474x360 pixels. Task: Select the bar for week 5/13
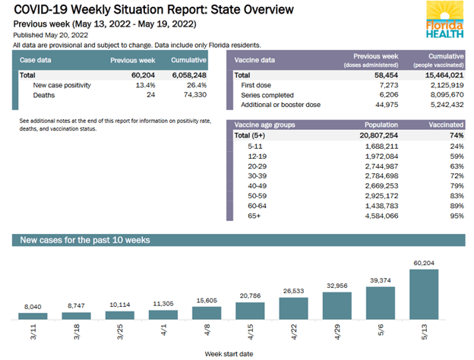[x=423, y=294]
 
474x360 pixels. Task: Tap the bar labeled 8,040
[x=33, y=314]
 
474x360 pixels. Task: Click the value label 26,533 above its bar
[x=293, y=289]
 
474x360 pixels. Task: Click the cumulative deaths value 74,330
[x=187, y=96]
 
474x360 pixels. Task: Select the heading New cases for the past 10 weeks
[x=84, y=240]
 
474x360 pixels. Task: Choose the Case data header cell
[x=39, y=60]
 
